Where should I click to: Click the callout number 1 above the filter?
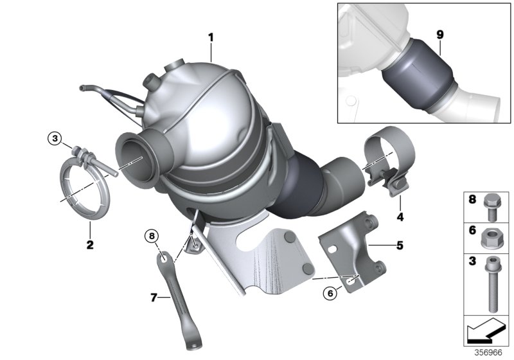click(x=211, y=37)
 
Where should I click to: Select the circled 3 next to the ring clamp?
click(x=55, y=138)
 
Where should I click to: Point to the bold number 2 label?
click(x=90, y=244)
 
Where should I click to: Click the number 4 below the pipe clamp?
click(x=400, y=217)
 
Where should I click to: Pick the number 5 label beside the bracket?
click(x=400, y=245)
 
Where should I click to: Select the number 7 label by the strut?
click(x=154, y=297)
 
